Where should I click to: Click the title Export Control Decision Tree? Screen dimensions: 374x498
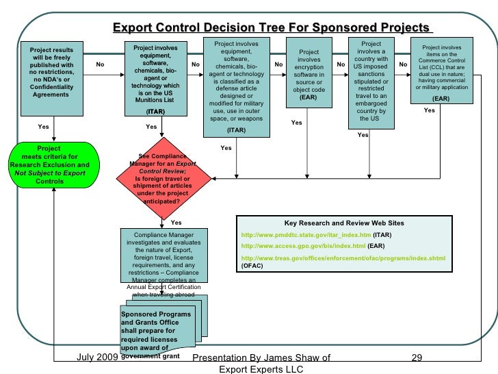[x=272, y=28]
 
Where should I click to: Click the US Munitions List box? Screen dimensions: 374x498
[x=155, y=79]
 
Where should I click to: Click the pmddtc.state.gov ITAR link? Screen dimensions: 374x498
[x=304, y=235]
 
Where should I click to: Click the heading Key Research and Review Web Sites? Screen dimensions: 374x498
[x=344, y=223]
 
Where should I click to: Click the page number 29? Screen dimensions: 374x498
[x=419, y=358]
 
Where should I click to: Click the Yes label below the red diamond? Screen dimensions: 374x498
[x=176, y=223]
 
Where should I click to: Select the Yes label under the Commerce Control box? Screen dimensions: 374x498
[x=429, y=110]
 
